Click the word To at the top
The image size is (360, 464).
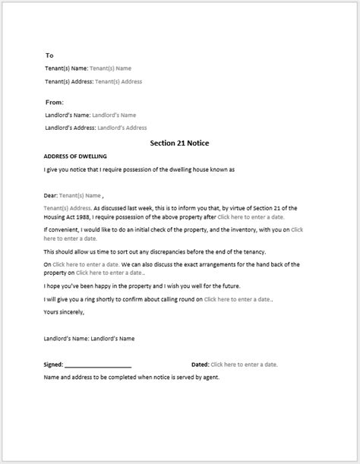tap(49, 55)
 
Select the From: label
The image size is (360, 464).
tap(54, 102)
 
